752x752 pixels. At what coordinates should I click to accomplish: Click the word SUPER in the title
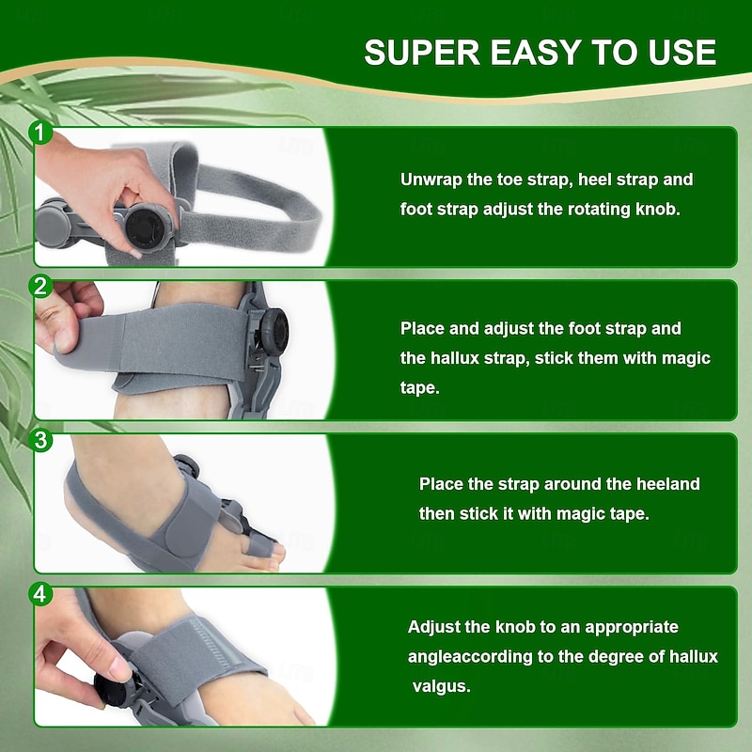tap(422, 53)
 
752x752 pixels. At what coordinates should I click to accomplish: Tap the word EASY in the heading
tap(535, 53)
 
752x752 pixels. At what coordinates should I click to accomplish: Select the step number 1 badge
tap(40, 132)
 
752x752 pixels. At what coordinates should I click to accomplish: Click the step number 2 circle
tap(40, 287)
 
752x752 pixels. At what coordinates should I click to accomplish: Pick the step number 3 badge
tap(40, 440)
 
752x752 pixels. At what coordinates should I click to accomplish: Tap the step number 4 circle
tap(40, 594)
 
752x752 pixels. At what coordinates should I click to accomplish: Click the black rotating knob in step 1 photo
tap(145, 227)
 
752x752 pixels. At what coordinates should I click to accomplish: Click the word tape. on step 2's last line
tap(419, 388)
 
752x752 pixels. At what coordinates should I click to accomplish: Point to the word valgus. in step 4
tap(441, 686)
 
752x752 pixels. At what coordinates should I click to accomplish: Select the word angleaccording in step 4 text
tap(470, 656)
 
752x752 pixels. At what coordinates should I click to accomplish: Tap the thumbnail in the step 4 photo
tap(119, 667)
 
